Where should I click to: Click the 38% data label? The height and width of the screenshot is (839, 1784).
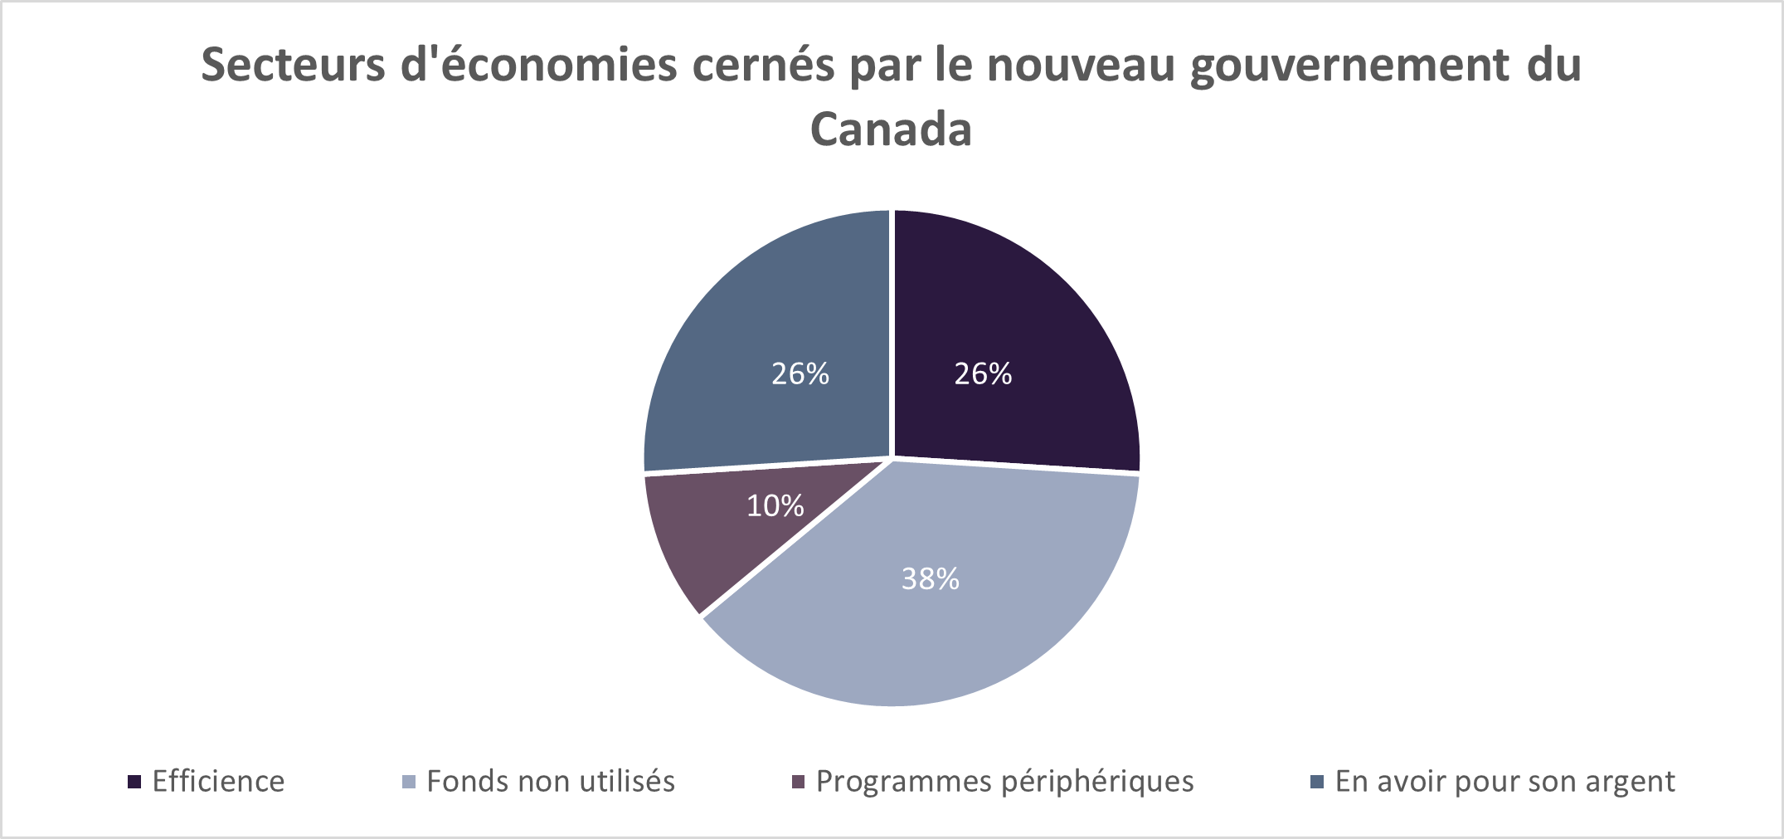930,579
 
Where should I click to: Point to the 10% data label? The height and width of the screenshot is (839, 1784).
775,505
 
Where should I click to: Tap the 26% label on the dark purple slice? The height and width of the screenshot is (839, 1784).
983,374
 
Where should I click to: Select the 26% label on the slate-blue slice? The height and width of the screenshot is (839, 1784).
800,374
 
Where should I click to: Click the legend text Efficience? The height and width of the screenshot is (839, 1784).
218,782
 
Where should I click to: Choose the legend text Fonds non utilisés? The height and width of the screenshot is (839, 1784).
551,782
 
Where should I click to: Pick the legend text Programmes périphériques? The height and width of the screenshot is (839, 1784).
1004,782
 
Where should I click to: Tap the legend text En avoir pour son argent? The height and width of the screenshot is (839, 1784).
1504,782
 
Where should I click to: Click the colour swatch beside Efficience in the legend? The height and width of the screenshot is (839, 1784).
134,782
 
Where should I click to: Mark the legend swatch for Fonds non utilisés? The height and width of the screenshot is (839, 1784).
408,782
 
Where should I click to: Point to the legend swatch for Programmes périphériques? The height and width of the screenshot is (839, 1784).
798,782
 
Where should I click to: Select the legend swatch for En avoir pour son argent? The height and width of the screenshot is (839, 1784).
1316,782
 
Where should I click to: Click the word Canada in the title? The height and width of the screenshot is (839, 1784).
891,129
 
